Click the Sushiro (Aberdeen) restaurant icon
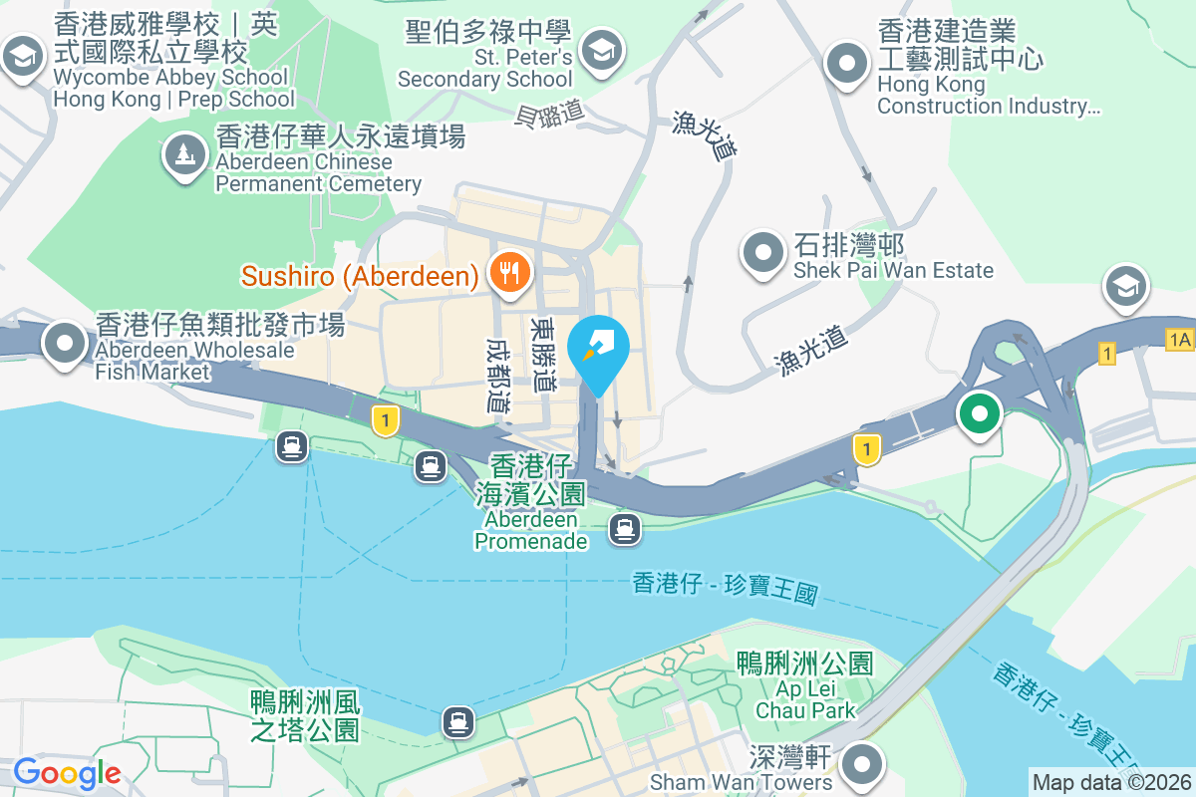click(509, 272)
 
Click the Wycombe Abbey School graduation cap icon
click(21, 56)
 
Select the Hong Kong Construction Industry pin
click(847, 62)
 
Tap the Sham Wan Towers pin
click(861, 764)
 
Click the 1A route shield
click(1179, 340)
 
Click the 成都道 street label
click(497, 374)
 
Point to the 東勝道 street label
click(544, 355)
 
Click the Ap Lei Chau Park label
click(805, 685)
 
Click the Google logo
click(67, 772)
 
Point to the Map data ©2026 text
click(1110, 782)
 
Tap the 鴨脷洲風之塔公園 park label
click(305, 716)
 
